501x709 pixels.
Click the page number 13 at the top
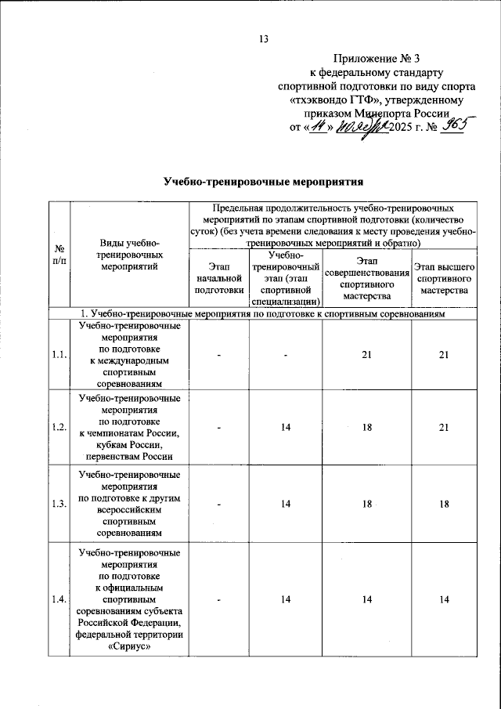(x=264, y=39)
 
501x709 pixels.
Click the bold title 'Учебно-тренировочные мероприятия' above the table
(x=265, y=182)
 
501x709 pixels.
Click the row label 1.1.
(x=58, y=355)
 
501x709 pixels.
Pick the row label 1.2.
(x=58, y=427)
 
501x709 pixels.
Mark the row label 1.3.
(x=58, y=504)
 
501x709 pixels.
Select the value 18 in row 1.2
(x=366, y=428)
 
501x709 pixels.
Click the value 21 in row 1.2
(x=444, y=428)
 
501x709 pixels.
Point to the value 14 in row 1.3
(x=287, y=504)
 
